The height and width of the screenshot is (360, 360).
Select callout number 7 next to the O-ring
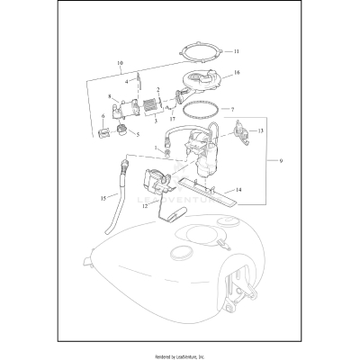(x=233, y=109)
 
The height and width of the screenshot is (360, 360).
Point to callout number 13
(x=261, y=131)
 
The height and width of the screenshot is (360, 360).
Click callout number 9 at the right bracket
(x=282, y=161)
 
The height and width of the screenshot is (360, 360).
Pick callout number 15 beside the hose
(x=103, y=196)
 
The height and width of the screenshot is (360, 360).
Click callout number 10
(x=119, y=63)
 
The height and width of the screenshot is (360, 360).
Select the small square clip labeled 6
(x=103, y=135)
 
